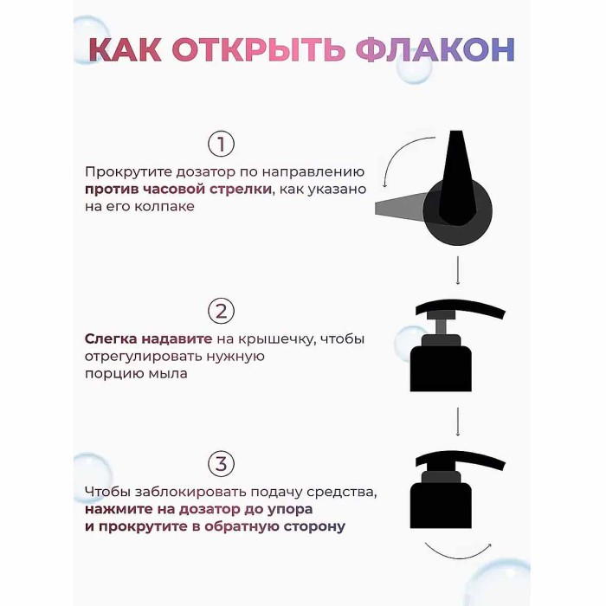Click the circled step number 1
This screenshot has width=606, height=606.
point(222,144)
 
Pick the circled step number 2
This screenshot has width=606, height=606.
point(222,312)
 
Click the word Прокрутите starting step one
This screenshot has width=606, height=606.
point(122,171)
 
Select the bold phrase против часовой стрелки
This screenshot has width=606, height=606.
point(177,189)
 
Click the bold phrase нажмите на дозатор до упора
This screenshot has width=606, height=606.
point(199,509)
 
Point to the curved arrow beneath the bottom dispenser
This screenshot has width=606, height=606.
point(456,551)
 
